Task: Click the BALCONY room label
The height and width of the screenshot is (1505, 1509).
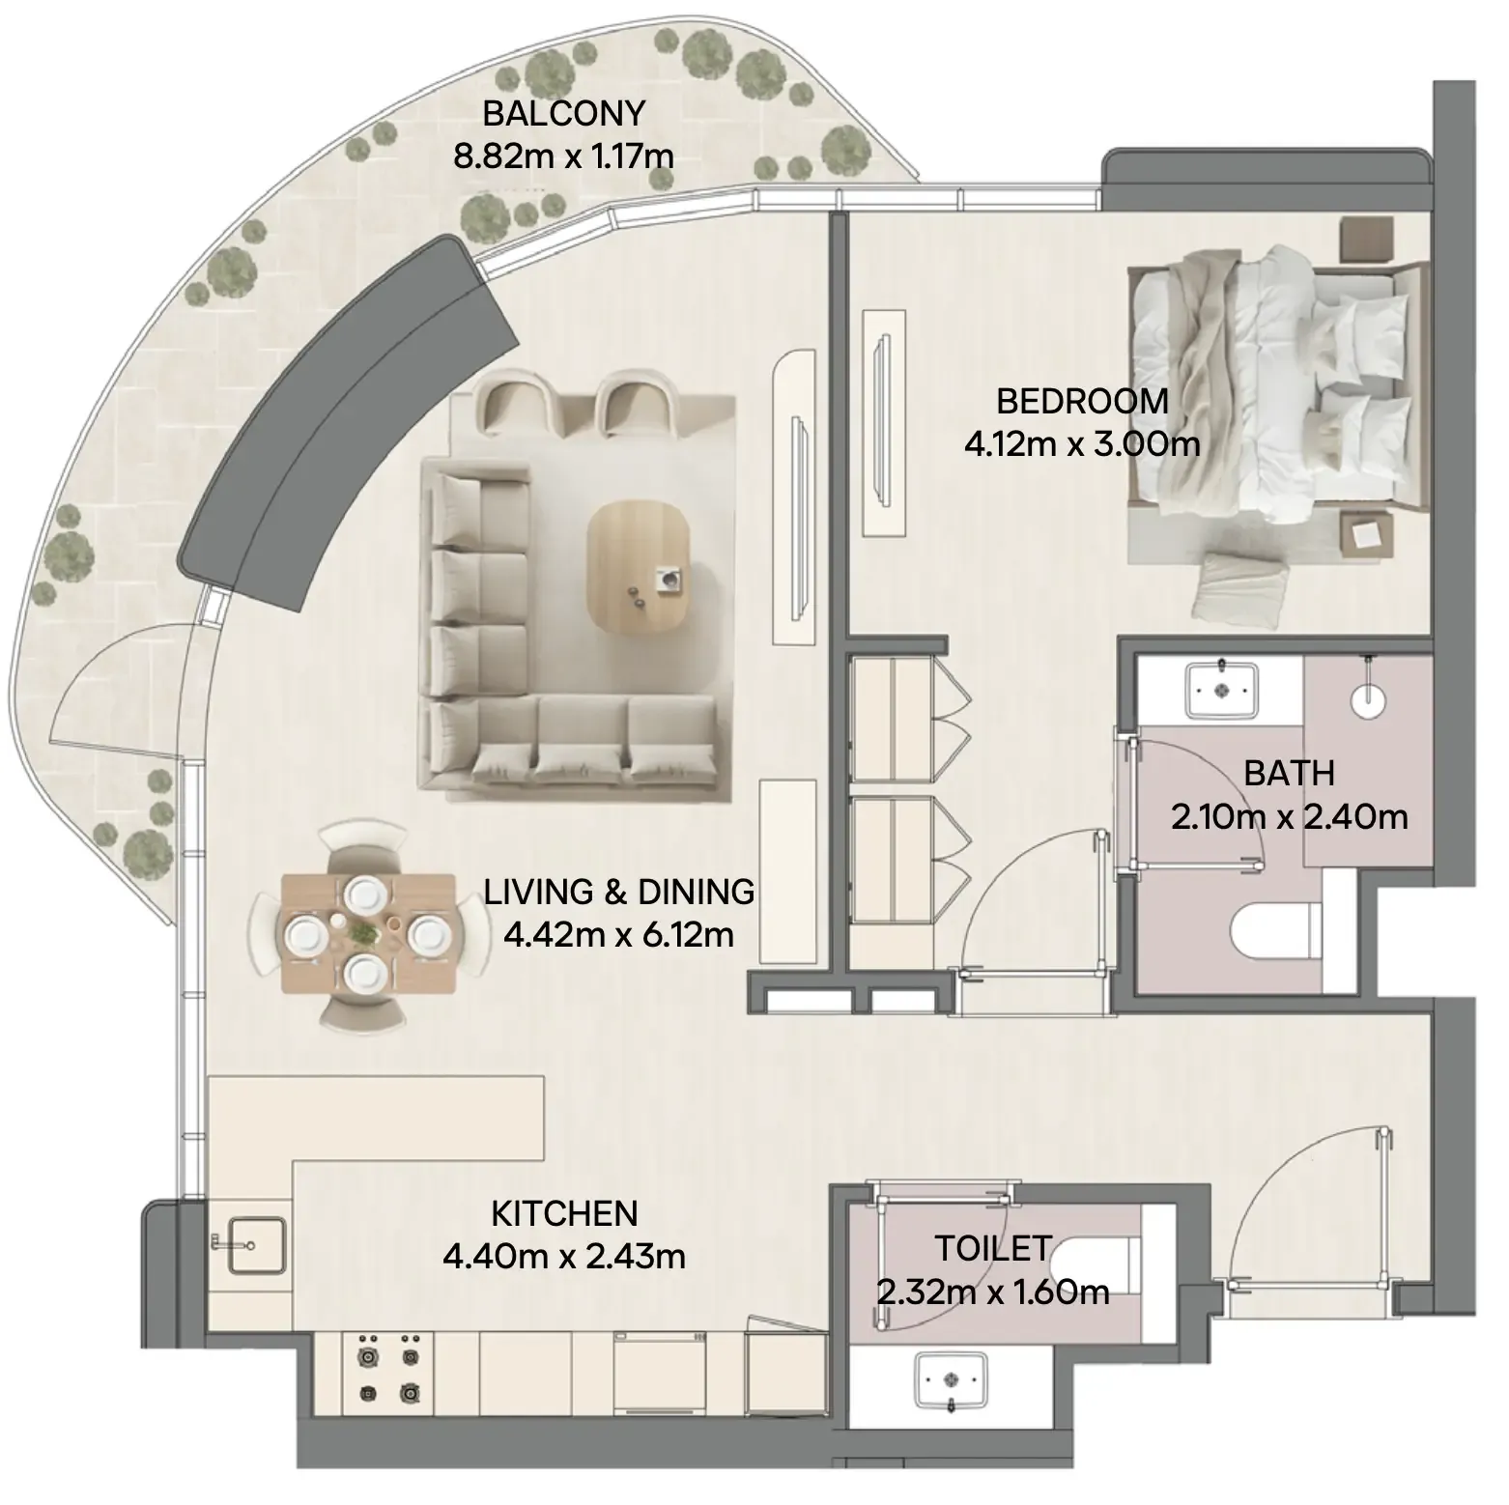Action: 563,113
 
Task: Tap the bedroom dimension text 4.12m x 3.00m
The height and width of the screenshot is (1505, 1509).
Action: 1082,443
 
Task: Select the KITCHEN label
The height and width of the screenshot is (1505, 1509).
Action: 564,1213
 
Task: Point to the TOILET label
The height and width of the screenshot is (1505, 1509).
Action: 992,1248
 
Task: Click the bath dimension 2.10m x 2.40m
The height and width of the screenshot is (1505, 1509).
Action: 1289,817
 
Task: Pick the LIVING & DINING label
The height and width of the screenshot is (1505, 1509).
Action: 619,892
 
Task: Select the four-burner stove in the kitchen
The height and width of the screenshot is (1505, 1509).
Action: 388,1367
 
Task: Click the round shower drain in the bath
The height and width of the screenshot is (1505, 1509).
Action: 1369,698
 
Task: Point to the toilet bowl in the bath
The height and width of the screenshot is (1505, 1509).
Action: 1276,933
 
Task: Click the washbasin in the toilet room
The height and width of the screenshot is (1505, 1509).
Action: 952,1381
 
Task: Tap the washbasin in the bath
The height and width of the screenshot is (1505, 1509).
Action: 1222,689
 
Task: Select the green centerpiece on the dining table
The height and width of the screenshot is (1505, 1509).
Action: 365,933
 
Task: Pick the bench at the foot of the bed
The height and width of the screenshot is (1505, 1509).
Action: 1240,586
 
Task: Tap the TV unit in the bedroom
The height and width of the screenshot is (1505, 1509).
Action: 884,422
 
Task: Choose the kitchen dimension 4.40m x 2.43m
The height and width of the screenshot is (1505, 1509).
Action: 564,1257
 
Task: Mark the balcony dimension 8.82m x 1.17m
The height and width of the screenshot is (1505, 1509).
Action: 563,156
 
